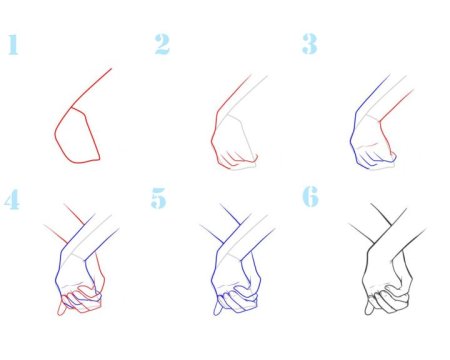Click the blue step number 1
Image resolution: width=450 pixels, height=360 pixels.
point(13,44)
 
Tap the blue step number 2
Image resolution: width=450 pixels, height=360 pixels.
point(162,44)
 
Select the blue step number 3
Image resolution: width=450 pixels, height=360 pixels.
point(310,44)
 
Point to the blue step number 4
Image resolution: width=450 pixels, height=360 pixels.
point(12,199)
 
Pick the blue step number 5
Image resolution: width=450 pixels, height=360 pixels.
point(158,198)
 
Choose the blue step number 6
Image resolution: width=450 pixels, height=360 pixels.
point(310,197)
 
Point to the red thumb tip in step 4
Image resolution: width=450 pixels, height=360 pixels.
point(61,313)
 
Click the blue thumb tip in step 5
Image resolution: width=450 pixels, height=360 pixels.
point(217,313)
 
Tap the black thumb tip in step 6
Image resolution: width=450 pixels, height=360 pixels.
point(368,312)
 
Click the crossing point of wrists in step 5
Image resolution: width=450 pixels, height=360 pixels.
point(233,234)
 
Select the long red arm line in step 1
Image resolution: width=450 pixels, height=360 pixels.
point(92,88)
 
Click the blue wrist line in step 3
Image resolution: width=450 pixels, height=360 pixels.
point(373,93)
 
